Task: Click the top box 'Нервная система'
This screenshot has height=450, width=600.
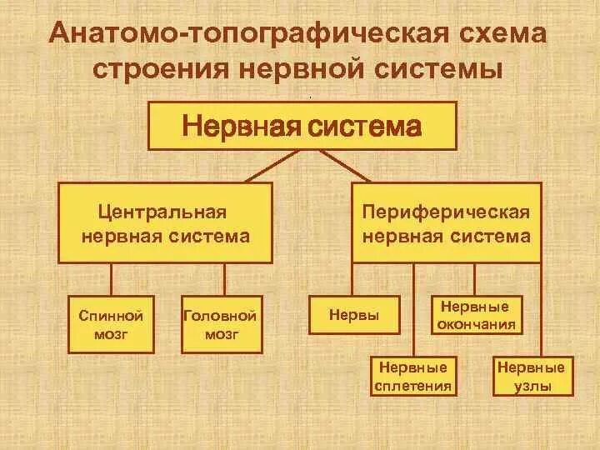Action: (x=302, y=126)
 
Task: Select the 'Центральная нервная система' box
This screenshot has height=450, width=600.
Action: (x=165, y=223)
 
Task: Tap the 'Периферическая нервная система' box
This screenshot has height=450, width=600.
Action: (x=445, y=223)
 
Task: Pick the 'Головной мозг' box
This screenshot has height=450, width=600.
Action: (x=221, y=325)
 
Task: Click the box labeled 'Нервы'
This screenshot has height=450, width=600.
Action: (x=354, y=316)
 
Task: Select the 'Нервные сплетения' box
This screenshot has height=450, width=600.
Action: (x=413, y=376)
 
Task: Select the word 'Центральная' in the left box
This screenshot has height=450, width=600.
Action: (x=162, y=212)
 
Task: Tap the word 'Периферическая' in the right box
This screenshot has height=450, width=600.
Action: (x=445, y=212)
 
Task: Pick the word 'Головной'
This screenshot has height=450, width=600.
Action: (x=221, y=316)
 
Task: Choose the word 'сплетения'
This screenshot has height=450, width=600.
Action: (x=413, y=386)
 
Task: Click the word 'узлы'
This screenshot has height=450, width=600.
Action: (x=531, y=386)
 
